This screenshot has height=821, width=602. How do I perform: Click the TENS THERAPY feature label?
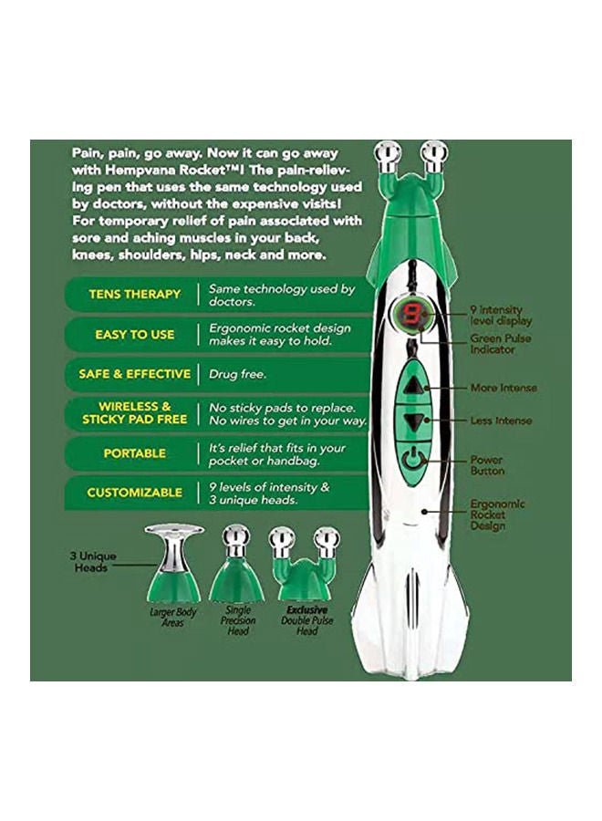click(x=134, y=295)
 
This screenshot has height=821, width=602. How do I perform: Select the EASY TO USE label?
click(x=134, y=334)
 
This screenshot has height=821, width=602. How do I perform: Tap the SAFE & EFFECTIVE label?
click(x=134, y=373)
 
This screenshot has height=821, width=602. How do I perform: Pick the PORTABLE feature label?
click(x=134, y=452)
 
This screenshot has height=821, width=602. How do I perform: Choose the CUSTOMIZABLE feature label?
click(x=134, y=493)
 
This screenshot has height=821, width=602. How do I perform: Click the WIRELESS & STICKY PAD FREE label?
click(x=134, y=412)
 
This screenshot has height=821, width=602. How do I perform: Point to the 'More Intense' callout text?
click(x=503, y=388)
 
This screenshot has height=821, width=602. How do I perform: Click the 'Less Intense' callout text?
click(x=501, y=421)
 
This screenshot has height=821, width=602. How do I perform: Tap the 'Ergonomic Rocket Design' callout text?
click(x=497, y=514)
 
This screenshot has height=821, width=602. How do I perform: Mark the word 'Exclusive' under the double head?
click(x=306, y=609)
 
